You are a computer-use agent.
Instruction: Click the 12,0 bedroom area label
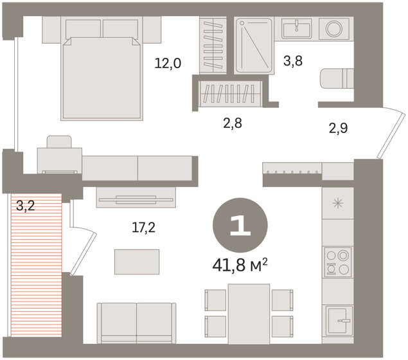point(168,63)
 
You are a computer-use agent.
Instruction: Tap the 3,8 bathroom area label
point(293,61)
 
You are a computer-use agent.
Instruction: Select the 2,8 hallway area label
point(233,123)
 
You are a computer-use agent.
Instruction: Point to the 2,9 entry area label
point(338,128)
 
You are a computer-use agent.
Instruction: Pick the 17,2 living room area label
point(143,228)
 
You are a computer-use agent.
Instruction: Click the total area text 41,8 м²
point(240,265)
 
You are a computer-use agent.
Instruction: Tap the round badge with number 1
point(240,225)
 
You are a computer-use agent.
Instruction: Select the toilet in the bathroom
point(337,78)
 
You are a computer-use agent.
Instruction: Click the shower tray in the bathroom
point(254,46)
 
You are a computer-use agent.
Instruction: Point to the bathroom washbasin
point(297,29)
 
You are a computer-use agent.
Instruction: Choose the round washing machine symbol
point(334,29)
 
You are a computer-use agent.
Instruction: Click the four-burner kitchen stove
point(338,262)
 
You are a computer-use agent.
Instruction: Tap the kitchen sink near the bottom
point(338,321)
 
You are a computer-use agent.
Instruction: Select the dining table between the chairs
point(249,314)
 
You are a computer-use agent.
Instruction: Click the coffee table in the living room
point(137,262)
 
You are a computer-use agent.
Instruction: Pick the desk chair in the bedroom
point(59,142)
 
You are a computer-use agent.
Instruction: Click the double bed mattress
point(102,78)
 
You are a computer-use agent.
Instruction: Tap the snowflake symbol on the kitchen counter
point(338,203)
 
